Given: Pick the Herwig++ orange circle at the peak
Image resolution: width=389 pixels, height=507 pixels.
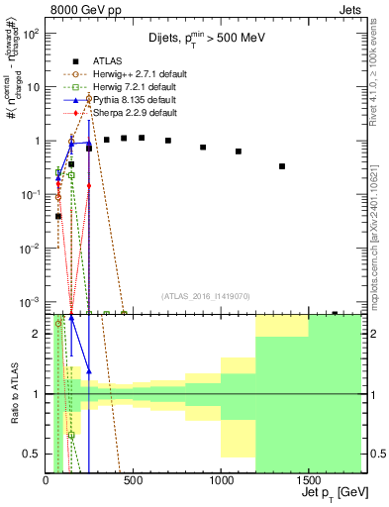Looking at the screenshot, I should click(x=89, y=98).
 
